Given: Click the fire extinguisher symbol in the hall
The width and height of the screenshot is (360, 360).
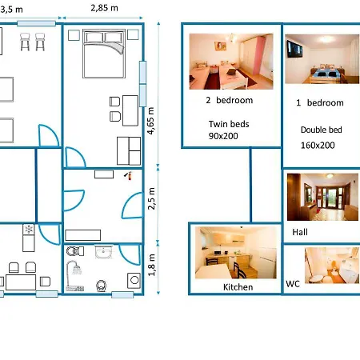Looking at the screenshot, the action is (x=129, y=175).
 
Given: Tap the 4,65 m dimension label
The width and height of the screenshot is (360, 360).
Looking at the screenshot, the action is (x=151, y=121).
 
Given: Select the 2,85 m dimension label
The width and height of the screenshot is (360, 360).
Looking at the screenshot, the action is (x=104, y=8).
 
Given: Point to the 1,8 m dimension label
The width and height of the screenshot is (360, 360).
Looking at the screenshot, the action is (x=151, y=265).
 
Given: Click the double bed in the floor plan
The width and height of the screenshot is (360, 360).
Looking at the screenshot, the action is (x=104, y=54).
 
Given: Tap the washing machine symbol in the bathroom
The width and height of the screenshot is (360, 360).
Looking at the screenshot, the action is (x=134, y=280).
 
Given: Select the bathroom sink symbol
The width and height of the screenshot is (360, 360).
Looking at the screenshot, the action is (x=103, y=252).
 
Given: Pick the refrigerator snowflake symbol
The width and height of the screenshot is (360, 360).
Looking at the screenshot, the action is (x=29, y=230).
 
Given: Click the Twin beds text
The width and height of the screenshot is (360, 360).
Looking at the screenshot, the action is (x=229, y=124).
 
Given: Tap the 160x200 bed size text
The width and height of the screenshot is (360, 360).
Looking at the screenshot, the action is (x=318, y=146).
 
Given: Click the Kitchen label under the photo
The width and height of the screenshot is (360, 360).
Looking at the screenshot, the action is (x=238, y=287).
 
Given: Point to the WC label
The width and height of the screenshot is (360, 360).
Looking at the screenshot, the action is (x=293, y=284).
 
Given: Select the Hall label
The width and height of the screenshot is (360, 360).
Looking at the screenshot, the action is (x=300, y=232).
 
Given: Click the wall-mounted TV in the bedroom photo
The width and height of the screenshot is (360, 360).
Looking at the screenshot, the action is (x=294, y=49).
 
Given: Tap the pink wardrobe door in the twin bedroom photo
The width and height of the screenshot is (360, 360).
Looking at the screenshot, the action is (x=257, y=55).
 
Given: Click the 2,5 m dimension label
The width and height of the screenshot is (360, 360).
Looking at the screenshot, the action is (x=151, y=198).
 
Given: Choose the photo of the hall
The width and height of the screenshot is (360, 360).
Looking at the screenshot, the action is (x=322, y=197).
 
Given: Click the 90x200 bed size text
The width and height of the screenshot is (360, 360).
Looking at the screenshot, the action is (x=223, y=136).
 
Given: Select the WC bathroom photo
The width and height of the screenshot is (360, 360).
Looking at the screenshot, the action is (x=332, y=265).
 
